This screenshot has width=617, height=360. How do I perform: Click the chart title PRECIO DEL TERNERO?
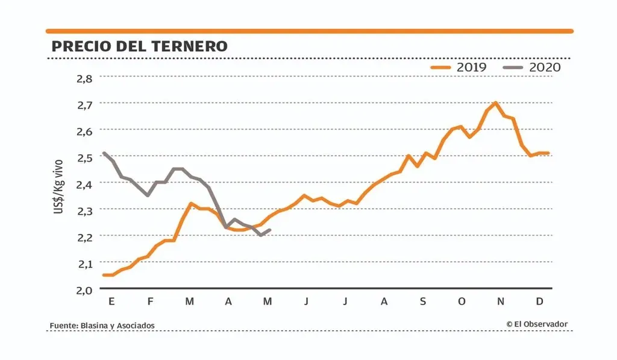(139, 46)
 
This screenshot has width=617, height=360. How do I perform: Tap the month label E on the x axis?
(111, 301)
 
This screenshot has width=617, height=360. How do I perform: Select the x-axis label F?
(151, 301)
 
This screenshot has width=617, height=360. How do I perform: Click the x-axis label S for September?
(423, 301)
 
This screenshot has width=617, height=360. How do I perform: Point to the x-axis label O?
(462, 301)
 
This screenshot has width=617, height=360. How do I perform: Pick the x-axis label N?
(500, 301)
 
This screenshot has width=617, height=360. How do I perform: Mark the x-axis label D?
(539, 301)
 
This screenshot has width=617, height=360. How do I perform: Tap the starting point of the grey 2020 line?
(104, 153)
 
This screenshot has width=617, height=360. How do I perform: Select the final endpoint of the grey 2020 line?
(270, 230)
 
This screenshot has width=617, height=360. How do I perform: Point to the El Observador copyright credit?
(537, 324)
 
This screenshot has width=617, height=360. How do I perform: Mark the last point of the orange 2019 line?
(549, 153)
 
